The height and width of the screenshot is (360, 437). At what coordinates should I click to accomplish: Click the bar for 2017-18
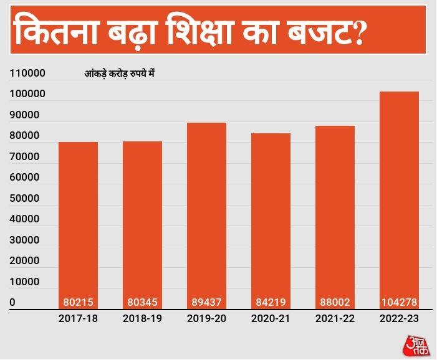(78, 218)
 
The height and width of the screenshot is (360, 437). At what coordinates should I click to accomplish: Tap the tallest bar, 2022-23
(399, 193)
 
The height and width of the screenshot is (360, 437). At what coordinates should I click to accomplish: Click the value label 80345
(142, 303)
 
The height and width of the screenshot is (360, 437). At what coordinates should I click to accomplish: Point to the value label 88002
(335, 303)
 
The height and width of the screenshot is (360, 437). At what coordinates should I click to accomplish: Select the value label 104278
(399, 303)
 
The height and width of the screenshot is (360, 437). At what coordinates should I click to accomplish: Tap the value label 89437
(206, 303)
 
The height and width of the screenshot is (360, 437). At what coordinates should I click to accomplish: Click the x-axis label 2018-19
(142, 319)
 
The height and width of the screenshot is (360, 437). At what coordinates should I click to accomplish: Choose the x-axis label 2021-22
(335, 319)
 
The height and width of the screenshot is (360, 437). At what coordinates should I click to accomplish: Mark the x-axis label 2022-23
(399, 319)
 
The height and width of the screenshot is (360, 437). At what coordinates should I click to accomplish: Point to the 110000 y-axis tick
(27, 73)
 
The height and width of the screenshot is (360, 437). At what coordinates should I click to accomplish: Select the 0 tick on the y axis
(12, 303)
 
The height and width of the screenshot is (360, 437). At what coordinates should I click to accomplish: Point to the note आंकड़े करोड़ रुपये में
(119, 74)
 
